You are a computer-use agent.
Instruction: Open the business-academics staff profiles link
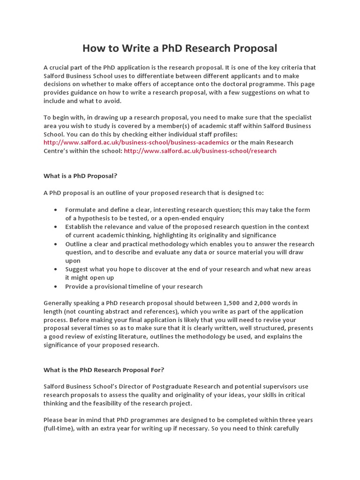coord(136,142)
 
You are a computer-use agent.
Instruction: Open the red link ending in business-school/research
coord(200,151)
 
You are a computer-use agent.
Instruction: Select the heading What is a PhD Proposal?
coord(80,176)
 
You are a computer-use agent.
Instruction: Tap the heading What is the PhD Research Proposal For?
coord(104,370)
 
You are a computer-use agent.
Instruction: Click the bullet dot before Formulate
coord(56,210)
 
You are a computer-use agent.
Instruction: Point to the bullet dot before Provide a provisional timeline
coord(56,286)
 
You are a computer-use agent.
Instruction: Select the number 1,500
coord(224,303)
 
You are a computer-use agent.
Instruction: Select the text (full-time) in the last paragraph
coord(59,429)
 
